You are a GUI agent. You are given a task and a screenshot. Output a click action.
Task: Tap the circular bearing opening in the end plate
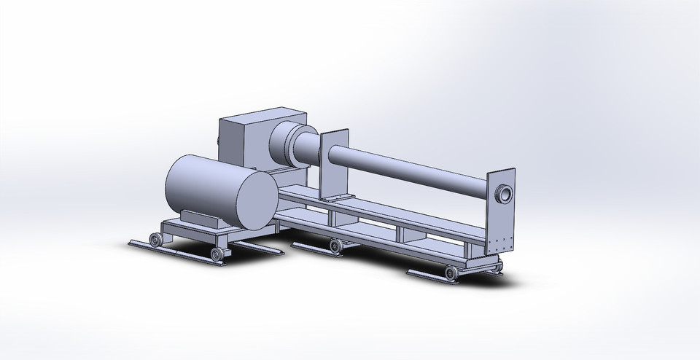point(504,194)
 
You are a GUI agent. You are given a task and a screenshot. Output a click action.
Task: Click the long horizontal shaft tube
point(408,167)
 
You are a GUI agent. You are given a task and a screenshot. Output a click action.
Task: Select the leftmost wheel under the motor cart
point(155,240)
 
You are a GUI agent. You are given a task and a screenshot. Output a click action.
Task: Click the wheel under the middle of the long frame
point(335,246)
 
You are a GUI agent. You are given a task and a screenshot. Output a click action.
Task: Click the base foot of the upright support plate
point(334,199)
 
